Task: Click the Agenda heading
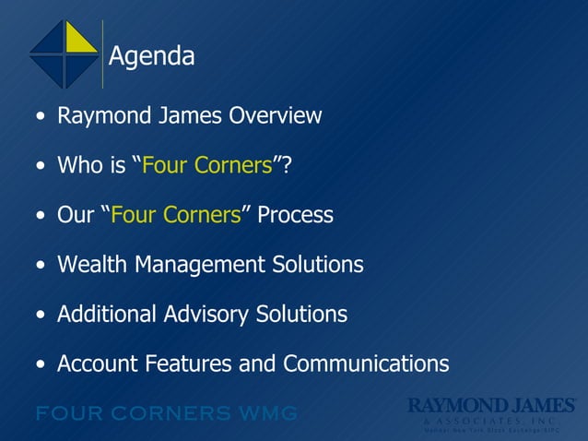click(152, 57)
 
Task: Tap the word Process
click(295, 216)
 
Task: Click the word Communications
click(366, 364)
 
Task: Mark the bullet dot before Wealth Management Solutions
click(39, 267)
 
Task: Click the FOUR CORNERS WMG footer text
click(166, 412)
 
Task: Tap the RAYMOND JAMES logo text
click(492, 405)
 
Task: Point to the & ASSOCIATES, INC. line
click(491, 420)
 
